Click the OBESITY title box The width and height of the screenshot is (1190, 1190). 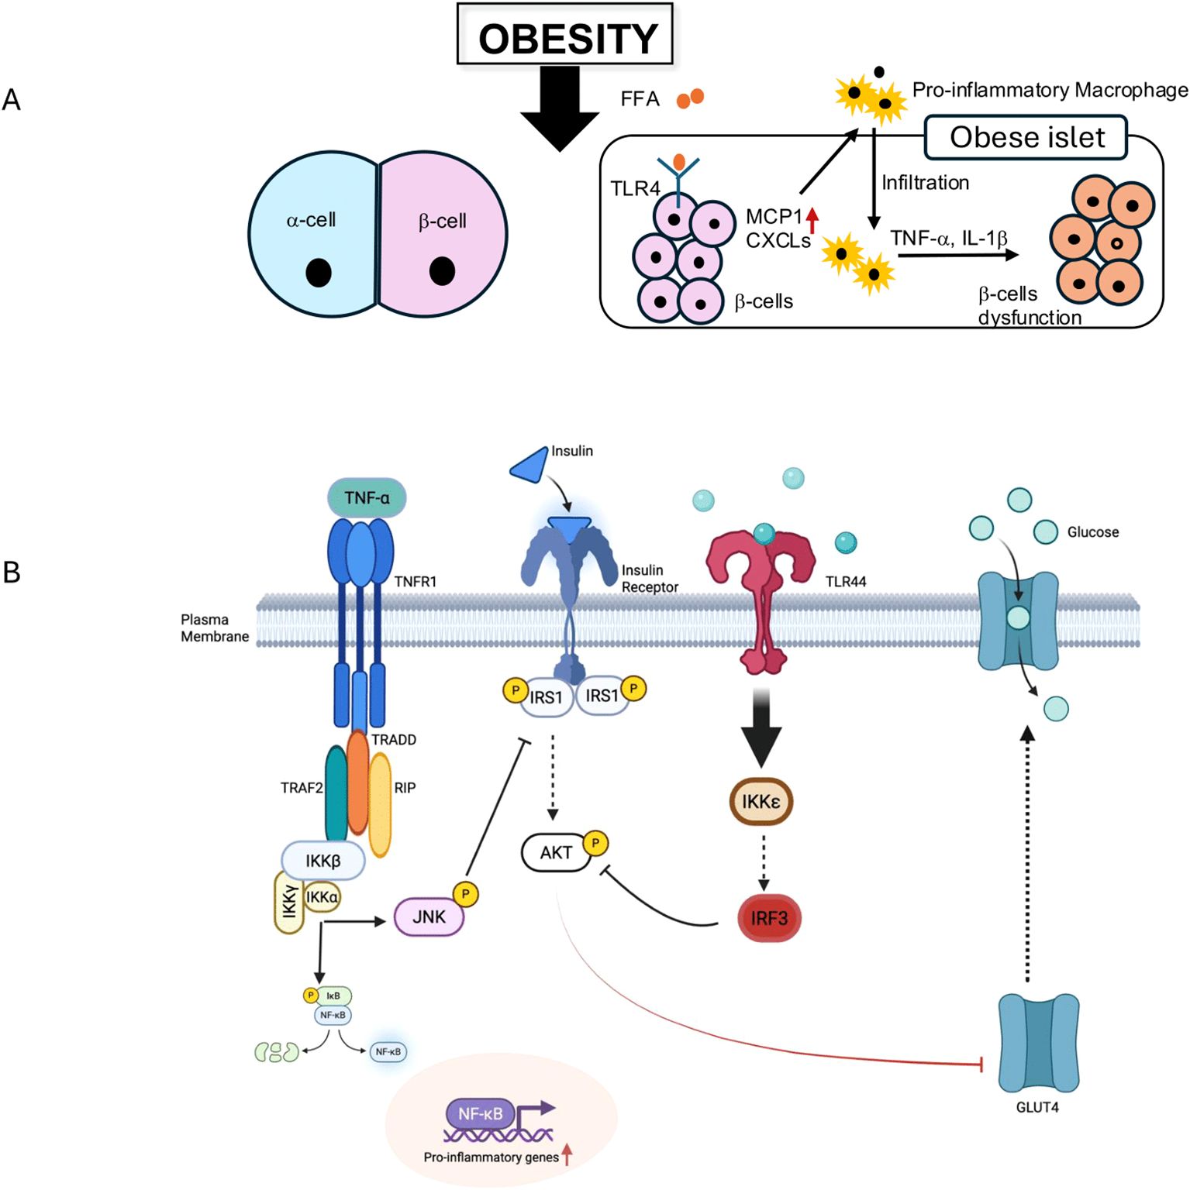coord(565,35)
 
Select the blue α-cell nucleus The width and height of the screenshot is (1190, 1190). coord(319,272)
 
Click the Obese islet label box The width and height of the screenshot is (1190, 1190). coord(1026,137)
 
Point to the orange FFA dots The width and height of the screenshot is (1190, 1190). coord(690,98)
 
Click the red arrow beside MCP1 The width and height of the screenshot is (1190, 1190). coord(812,220)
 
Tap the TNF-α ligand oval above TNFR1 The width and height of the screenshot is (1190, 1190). coord(367,497)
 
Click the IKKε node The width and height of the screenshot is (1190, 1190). coord(761,801)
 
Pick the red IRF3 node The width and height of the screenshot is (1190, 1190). coord(768,918)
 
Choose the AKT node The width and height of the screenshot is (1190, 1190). coord(556,852)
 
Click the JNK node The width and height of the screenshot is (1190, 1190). coord(429,917)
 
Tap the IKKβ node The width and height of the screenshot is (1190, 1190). coord(323,861)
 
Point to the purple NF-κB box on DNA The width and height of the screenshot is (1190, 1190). coord(480,1114)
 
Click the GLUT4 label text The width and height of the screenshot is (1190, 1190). coord(1037,1107)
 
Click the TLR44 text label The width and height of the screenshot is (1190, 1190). coord(845,581)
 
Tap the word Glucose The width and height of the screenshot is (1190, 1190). coord(1092,532)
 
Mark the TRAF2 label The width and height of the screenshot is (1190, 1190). coord(301,788)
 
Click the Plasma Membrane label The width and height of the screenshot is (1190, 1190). coord(215,628)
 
